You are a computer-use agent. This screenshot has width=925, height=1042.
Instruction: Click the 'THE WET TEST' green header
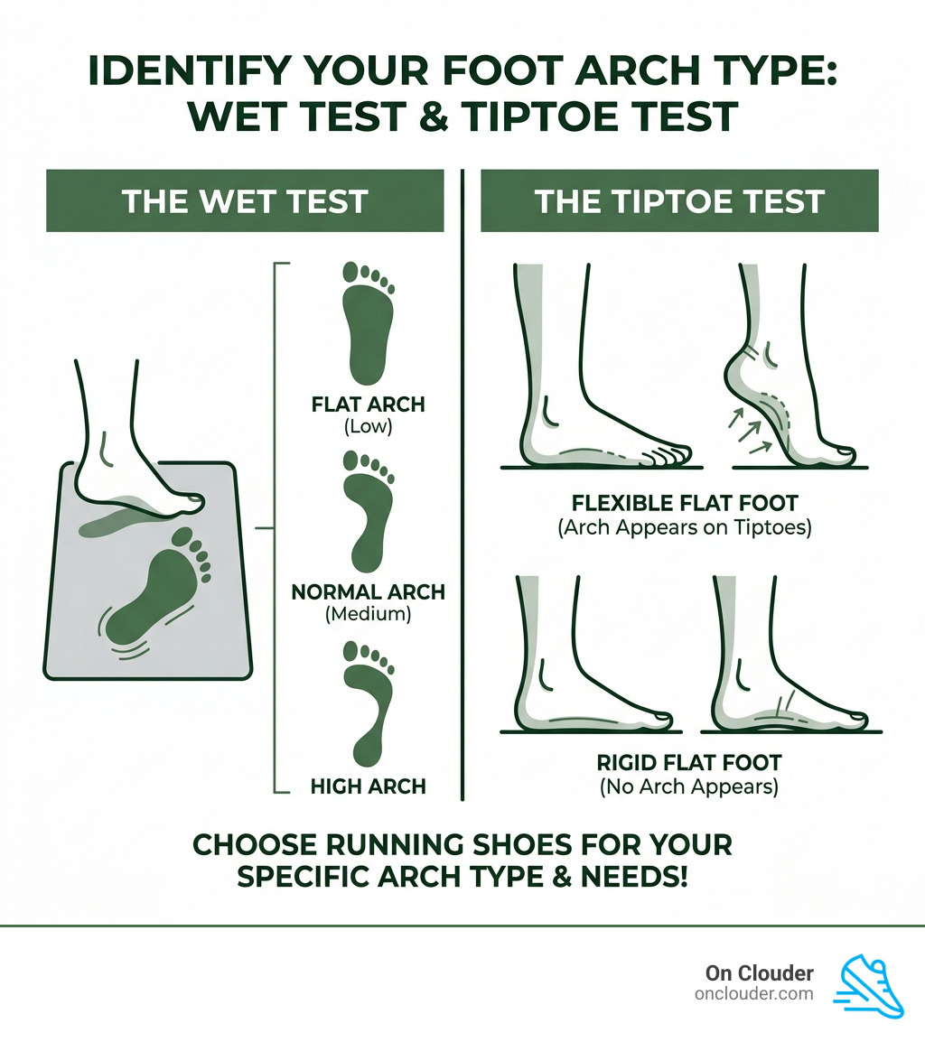[x=245, y=200]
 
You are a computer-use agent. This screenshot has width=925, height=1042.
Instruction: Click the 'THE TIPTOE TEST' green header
[x=679, y=200]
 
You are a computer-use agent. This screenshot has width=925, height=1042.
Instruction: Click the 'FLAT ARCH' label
[x=368, y=404]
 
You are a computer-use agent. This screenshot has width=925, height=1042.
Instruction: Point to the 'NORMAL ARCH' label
[x=368, y=592]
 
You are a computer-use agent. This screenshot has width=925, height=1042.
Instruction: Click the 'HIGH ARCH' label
[x=368, y=786]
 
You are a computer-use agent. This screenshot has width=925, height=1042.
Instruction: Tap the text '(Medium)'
[x=368, y=615]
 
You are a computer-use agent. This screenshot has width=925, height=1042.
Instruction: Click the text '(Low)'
[x=368, y=426]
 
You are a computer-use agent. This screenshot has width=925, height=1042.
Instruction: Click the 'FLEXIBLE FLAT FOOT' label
[x=684, y=503]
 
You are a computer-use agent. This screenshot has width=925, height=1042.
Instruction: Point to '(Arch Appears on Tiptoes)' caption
[x=684, y=527]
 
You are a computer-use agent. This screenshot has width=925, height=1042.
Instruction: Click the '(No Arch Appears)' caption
[x=688, y=786]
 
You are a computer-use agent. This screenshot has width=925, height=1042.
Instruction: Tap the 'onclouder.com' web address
[x=753, y=993]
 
